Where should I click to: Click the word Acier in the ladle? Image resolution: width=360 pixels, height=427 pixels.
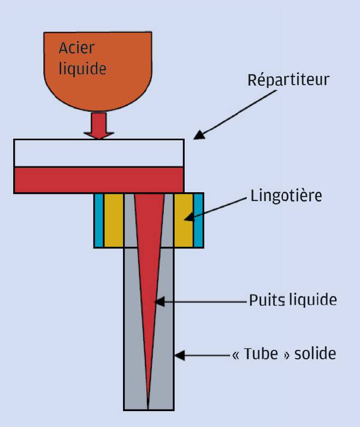click(x=76, y=48)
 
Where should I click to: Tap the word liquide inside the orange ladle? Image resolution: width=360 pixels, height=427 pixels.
click(x=82, y=69)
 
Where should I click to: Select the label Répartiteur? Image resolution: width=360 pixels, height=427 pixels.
click(x=288, y=80)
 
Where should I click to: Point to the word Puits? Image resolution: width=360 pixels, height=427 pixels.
click(x=264, y=300)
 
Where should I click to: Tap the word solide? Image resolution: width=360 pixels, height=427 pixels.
click(x=315, y=354)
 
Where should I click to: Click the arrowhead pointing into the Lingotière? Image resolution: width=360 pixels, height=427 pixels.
click(x=188, y=218)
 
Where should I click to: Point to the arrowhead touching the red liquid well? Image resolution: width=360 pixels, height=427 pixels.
click(x=158, y=300)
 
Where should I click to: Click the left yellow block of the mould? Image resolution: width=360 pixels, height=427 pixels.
click(x=114, y=220)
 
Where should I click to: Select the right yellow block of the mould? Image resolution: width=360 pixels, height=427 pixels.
click(x=184, y=220)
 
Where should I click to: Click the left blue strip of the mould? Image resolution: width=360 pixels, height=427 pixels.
click(x=99, y=220)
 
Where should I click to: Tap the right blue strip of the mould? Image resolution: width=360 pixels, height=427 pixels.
click(x=198, y=220)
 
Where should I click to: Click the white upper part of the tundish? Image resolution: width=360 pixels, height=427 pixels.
click(x=98, y=153)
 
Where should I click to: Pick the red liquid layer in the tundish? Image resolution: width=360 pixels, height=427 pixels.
click(x=98, y=180)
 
